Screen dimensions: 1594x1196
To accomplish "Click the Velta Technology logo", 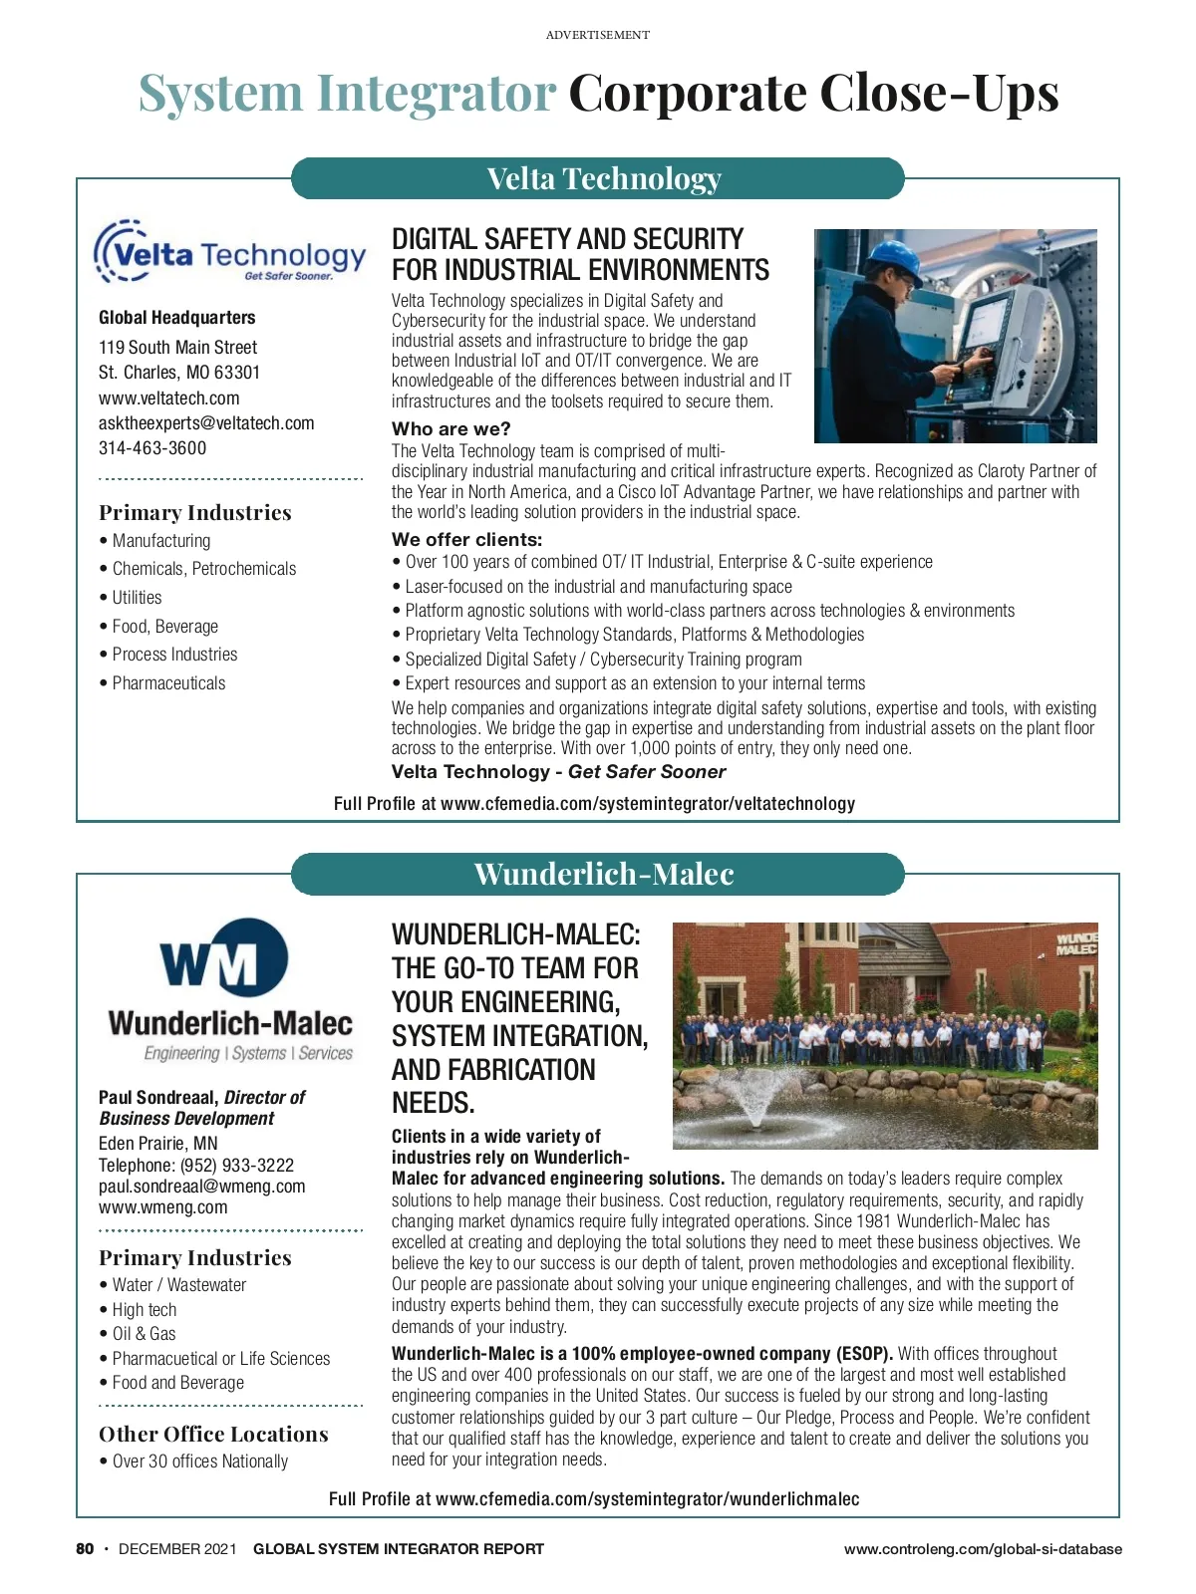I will [x=230, y=253].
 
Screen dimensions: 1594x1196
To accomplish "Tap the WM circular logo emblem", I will [x=223, y=958].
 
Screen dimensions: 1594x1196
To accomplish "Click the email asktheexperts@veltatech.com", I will [x=206, y=423].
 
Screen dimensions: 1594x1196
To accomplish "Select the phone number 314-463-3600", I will [x=152, y=448].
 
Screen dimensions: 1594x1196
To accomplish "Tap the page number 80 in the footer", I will [x=86, y=1549].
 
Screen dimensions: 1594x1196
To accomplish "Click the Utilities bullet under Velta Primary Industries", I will [x=137, y=598].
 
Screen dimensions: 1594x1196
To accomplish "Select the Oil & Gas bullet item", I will [x=144, y=1334].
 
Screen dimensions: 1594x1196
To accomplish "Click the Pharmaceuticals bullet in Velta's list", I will [x=168, y=683].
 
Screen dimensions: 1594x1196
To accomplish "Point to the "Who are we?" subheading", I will [x=450, y=429].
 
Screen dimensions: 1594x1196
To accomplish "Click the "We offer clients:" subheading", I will [x=466, y=540].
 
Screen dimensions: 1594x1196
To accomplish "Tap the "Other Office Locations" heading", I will [x=213, y=1435].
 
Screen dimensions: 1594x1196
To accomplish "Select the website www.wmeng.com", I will [x=162, y=1207].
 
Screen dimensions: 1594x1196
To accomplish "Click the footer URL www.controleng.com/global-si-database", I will [x=983, y=1549].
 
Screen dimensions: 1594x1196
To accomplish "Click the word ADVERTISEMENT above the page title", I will [x=597, y=35].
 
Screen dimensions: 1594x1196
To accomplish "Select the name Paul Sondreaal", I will [x=157, y=1097].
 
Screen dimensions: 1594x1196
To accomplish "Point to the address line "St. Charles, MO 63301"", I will [x=179, y=373].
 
